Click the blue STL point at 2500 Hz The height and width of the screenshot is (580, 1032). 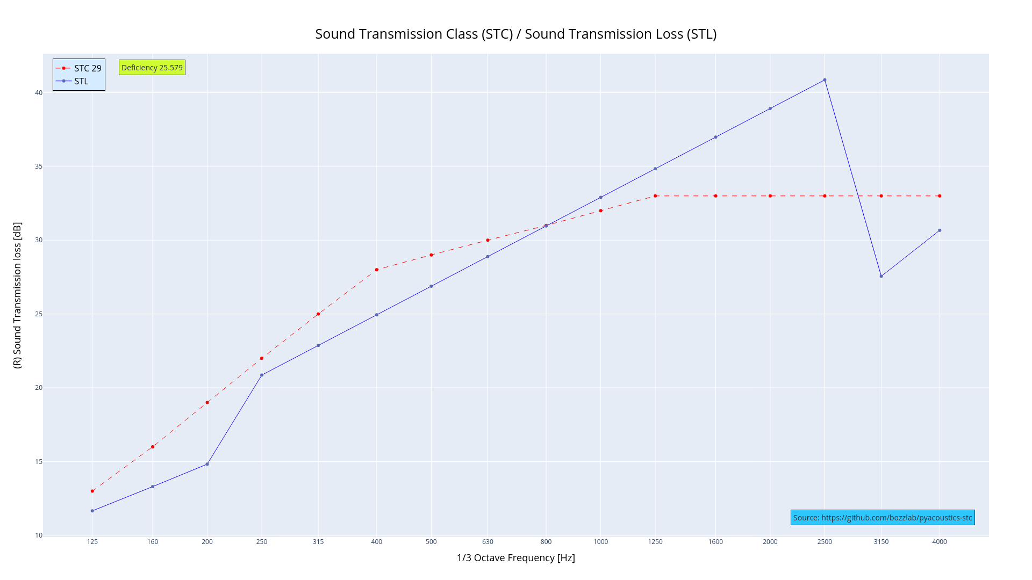(825, 80)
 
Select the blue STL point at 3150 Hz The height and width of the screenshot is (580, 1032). (881, 276)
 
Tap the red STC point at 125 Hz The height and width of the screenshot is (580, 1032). (92, 491)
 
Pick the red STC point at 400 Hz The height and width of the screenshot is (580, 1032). (377, 270)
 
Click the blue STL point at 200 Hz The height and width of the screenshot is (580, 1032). (207, 464)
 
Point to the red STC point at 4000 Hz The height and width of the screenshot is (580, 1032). (940, 196)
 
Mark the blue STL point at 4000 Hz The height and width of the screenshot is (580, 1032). (940, 230)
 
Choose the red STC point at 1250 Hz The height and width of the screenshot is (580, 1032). (655, 196)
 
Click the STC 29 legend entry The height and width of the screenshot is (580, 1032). (79, 68)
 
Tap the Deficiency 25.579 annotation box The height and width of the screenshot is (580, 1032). (152, 68)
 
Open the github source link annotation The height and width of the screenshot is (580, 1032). (883, 518)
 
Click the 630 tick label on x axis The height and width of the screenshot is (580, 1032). (488, 542)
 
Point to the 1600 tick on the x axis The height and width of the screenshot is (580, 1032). (715, 542)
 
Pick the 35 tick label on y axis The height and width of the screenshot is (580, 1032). (38, 166)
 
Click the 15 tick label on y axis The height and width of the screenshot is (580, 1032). (38, 462)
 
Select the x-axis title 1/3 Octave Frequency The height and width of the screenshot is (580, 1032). (515, 558)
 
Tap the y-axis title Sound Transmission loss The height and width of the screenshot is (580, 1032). (18, 295)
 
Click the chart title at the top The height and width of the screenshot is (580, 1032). (515, 34)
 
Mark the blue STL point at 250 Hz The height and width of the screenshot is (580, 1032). (262, 375)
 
